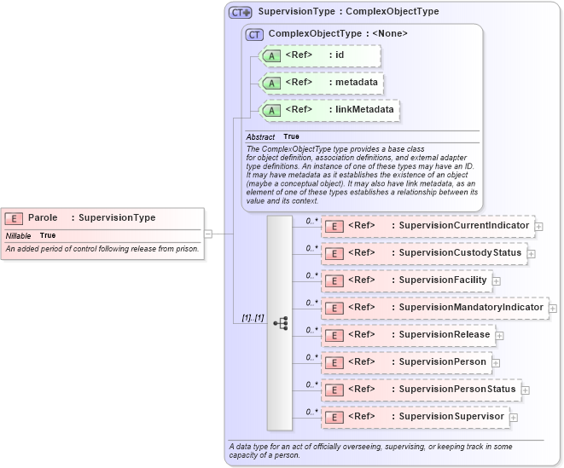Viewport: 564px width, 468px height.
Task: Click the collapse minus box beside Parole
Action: point(208,233)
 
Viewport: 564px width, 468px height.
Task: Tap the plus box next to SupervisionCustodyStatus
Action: point(531,253)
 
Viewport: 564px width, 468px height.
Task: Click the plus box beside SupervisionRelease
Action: point(500,335)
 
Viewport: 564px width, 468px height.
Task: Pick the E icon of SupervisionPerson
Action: point(335,362)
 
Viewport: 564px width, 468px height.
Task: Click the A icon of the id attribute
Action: point(271,56)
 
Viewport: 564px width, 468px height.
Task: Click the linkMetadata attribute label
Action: point(363,110)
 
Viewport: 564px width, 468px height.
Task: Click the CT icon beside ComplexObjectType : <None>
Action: point(255,34)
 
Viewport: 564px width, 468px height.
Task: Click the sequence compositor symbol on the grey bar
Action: point(280,324)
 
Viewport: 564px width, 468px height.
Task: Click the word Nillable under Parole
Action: point(19,235)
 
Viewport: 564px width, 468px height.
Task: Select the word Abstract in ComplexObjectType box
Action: point(260,137)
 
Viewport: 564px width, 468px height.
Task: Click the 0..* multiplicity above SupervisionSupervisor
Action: point(311,411)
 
